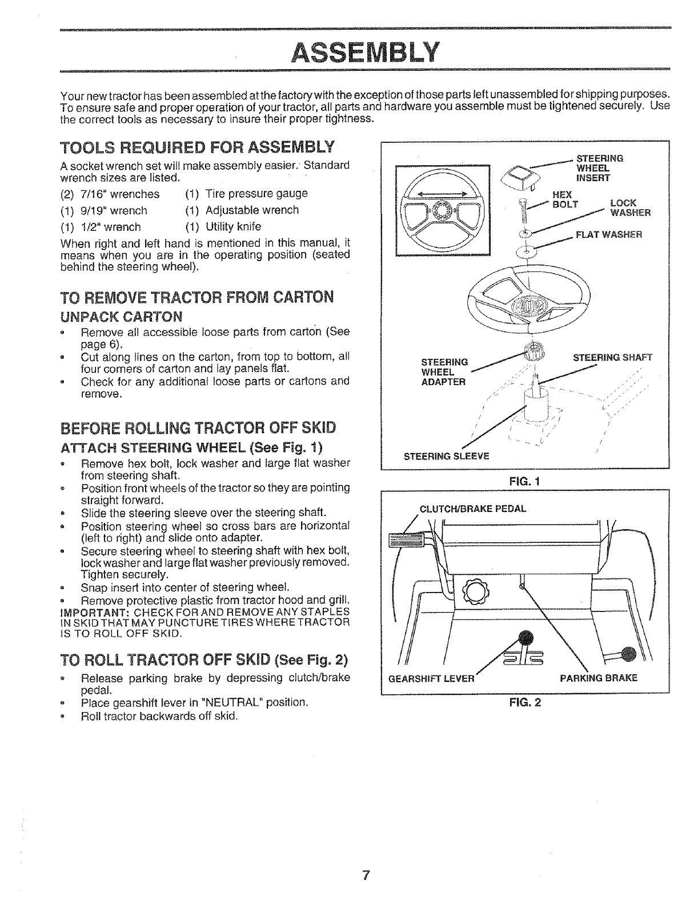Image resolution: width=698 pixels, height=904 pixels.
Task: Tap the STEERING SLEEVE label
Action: [x=447, y=456]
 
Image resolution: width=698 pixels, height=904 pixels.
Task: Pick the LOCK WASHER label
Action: [x=626, y=209]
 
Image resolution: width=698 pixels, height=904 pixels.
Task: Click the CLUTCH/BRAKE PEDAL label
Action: [x=473, y=509]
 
